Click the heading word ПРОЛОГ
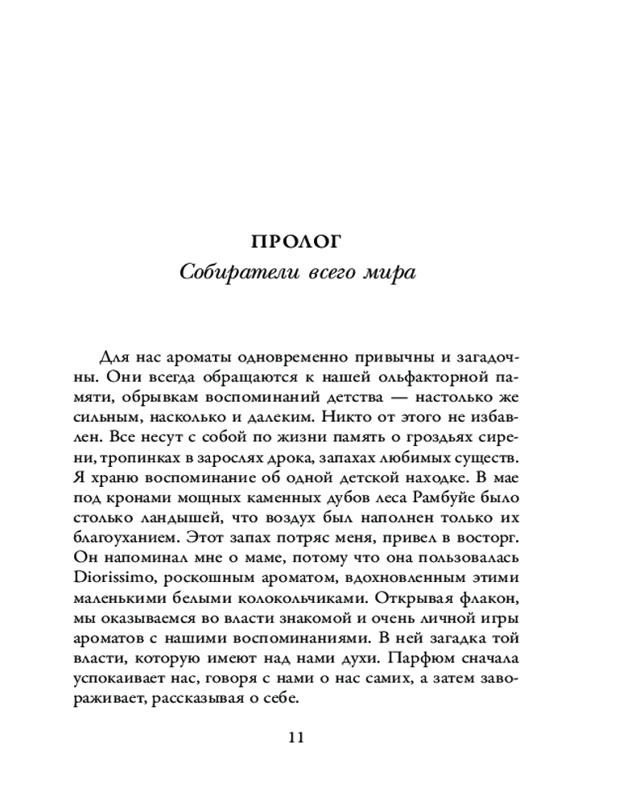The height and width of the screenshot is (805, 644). [x=297, y=240]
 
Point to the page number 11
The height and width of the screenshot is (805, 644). [x=297, y=737]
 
